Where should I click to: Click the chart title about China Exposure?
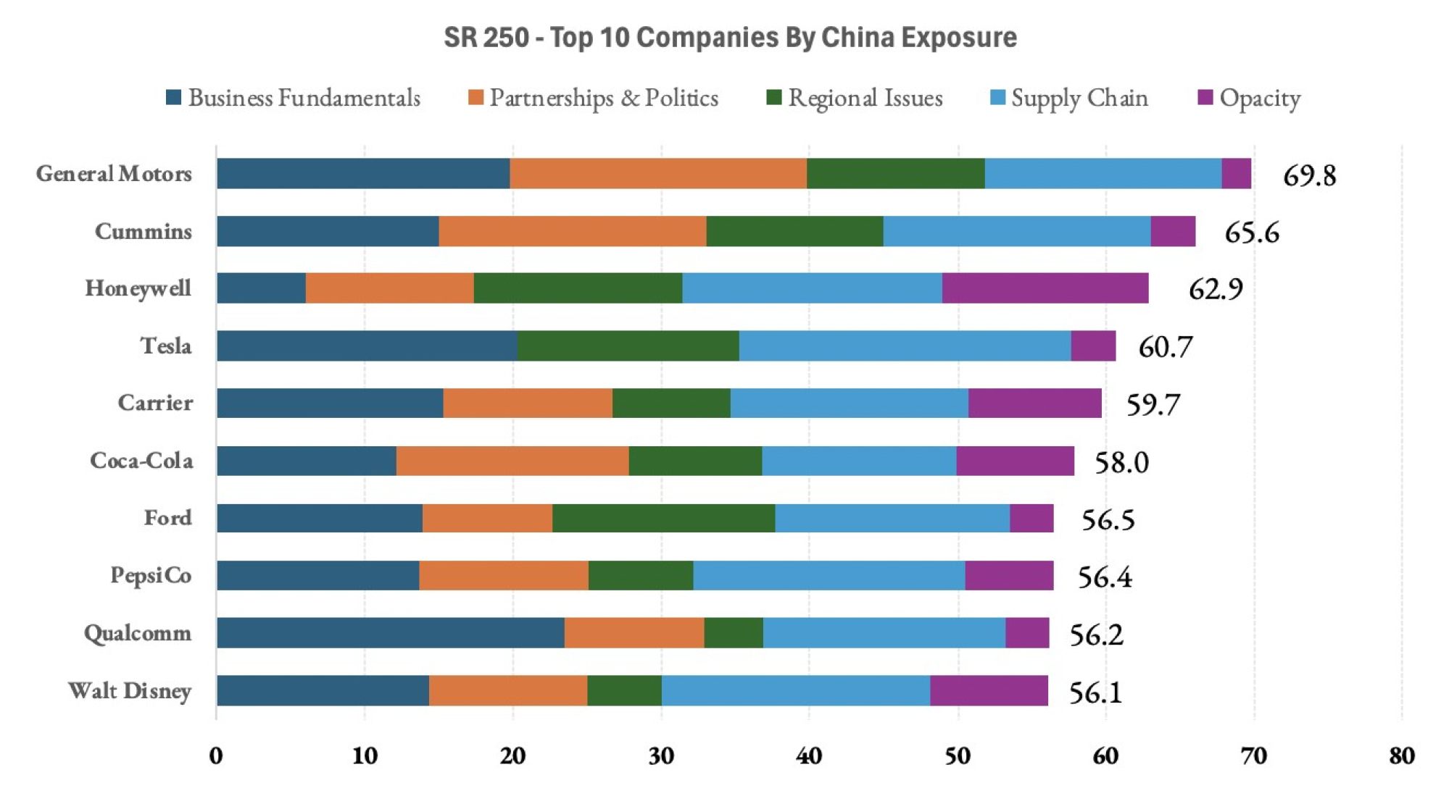pos(730,38)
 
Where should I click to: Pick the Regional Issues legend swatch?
pos(773,98)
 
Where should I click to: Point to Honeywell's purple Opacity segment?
pos(1045,288)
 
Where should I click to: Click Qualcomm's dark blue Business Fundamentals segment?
pos(390,633)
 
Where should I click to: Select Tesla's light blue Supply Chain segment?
pos(905,346)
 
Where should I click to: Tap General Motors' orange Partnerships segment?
pos(657,174)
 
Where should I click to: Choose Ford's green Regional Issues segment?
pos(663,518)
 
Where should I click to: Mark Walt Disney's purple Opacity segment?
pos(989,690)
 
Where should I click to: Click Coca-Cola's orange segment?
pos(512,461)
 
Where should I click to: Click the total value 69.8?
pos(1309,175)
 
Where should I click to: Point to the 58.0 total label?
pos(1121,462)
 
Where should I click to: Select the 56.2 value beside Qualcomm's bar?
pos(1096,635)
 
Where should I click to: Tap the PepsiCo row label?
pos(151,575)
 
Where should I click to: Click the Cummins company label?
pos(144,232)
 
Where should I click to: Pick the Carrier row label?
pos(155,403)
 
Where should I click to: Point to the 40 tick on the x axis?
pos(809,756)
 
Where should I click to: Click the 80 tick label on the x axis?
pos(1401,756)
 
